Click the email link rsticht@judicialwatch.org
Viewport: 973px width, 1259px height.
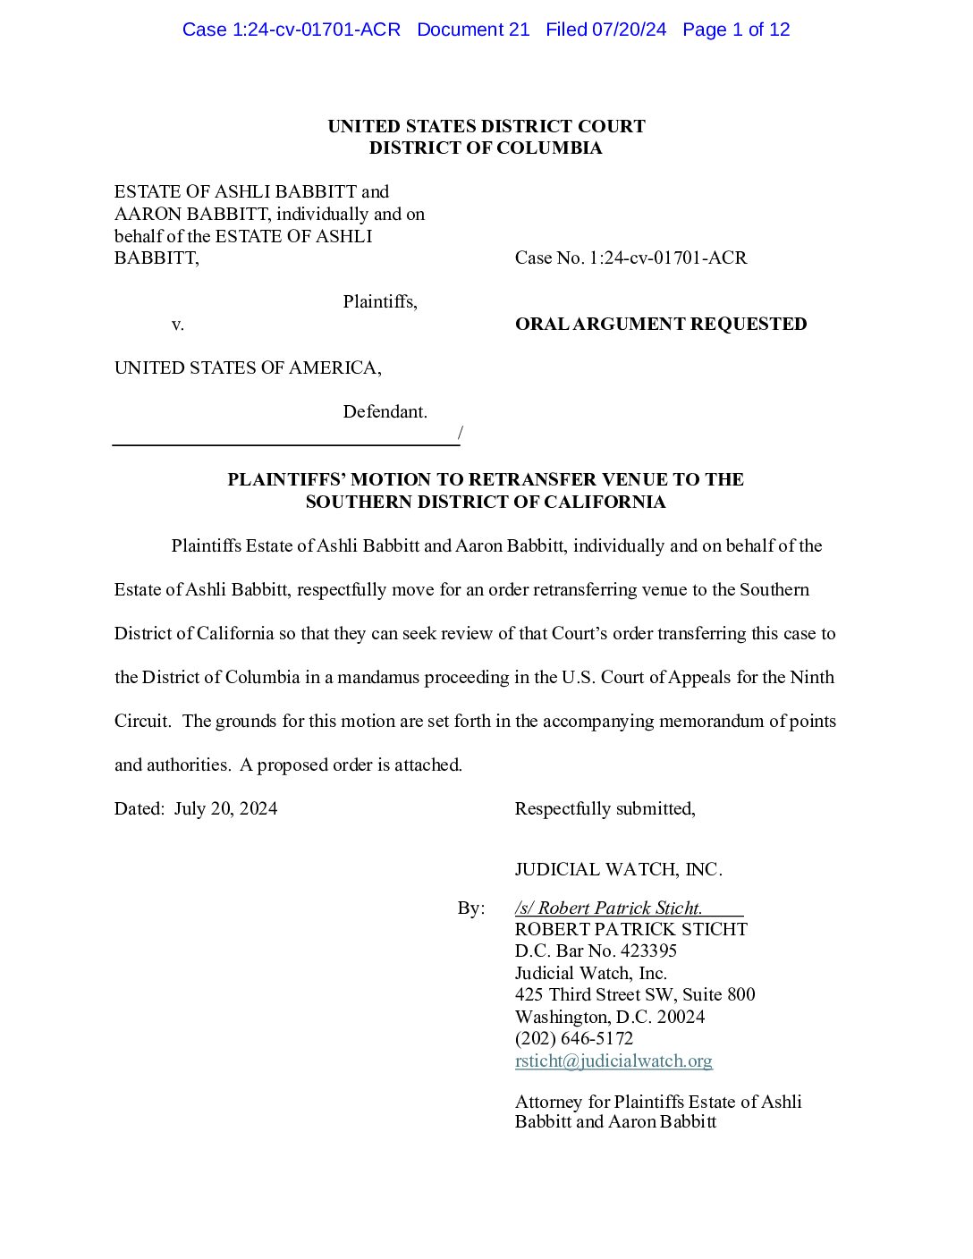[613, 1060]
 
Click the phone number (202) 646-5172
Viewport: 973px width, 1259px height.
[573, 1038]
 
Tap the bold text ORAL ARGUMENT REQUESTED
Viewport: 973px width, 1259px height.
[660, 324]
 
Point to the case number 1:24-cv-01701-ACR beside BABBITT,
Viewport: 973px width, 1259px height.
[667, 258]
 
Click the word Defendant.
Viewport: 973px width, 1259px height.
[385, 411]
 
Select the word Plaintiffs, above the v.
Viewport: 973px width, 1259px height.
[380, 301]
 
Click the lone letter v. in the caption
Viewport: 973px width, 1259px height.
[178, 324]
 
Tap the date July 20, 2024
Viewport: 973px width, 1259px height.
[225, 808]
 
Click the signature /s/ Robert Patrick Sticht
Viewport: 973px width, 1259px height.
[608, 908]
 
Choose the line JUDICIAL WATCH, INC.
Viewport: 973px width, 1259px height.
[618, 869]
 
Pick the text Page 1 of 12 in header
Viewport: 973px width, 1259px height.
[736, 30]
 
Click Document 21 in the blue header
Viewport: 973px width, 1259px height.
[473, 30]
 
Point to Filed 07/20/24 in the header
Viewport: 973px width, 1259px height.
[605, 30]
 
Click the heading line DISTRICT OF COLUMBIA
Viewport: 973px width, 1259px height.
[486, 148]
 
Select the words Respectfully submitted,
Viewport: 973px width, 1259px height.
[605, 808]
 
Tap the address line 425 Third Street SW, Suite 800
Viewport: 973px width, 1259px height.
[634, 994]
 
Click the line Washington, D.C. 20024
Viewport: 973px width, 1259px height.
[609, 1017]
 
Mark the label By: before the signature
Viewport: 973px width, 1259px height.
[471, 908]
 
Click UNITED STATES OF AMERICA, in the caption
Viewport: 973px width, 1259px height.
[248, 368]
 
